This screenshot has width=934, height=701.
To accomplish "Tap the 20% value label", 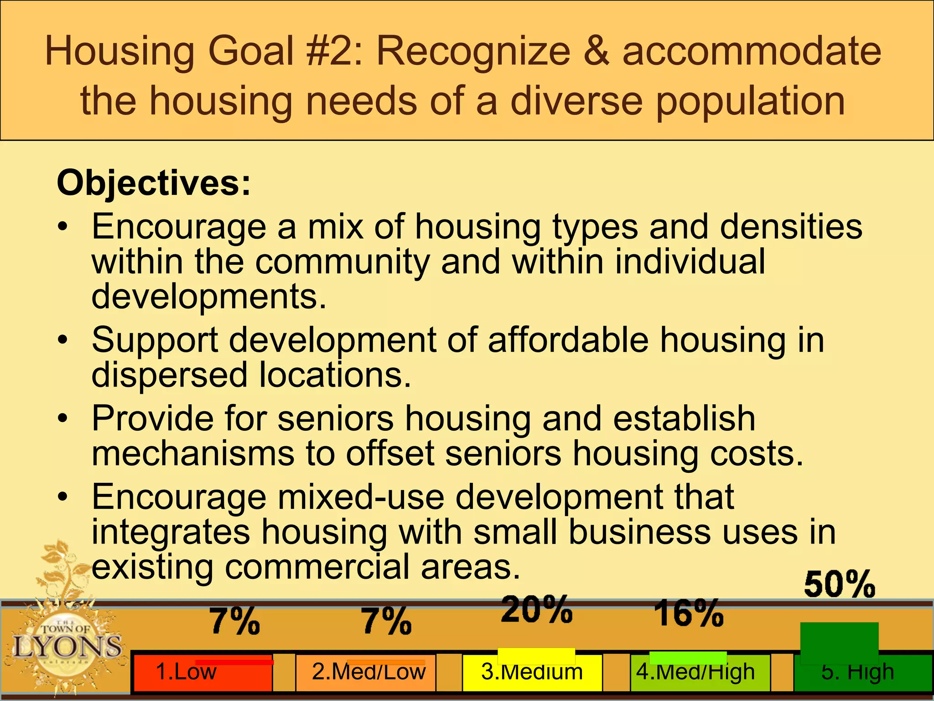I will tap(537, 609).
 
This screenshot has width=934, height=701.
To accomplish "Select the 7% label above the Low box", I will tap(235, 621).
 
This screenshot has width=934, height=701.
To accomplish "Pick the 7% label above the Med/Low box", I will tap(387, 621).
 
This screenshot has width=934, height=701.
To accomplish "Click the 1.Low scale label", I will tap(186, 672).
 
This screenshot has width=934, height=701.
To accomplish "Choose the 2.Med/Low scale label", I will tap(368, 672).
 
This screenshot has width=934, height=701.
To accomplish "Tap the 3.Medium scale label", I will tap(532, 672).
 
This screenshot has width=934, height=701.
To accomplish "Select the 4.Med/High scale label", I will tap(696, 672).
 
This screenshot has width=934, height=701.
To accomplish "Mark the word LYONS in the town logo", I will tap(67, 646).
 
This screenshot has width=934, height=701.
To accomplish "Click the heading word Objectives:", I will tap(154, 183).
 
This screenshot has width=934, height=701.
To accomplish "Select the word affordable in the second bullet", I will tap(568, 340).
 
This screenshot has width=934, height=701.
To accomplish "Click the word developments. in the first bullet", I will tap(209, 296).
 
